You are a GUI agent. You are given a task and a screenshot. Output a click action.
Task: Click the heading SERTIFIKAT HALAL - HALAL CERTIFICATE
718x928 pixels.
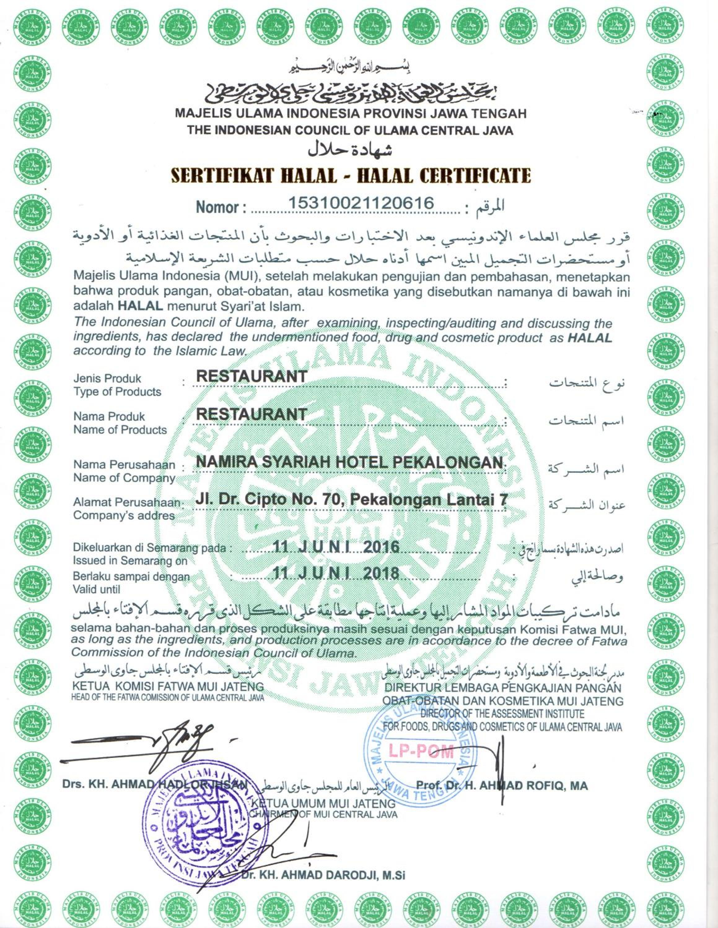click(351, 175)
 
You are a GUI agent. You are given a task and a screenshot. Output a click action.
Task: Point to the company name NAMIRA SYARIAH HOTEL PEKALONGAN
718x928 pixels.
click(350, 462)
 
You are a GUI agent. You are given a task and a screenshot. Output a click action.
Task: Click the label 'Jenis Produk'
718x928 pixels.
click(107, 378)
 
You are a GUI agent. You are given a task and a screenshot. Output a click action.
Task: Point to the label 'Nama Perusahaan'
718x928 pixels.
click(124, 464)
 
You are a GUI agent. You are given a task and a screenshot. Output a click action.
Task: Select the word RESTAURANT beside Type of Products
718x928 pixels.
click(252, 376)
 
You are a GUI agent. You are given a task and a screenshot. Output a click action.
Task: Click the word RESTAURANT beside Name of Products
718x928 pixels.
click(252, 414)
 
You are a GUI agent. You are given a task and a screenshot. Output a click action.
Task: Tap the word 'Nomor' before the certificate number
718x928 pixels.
click(218, 207)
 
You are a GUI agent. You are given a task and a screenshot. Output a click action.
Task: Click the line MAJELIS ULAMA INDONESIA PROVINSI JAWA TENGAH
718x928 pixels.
click(351, 114)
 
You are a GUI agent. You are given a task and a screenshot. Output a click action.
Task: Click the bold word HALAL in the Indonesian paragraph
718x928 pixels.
click(140, 306)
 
